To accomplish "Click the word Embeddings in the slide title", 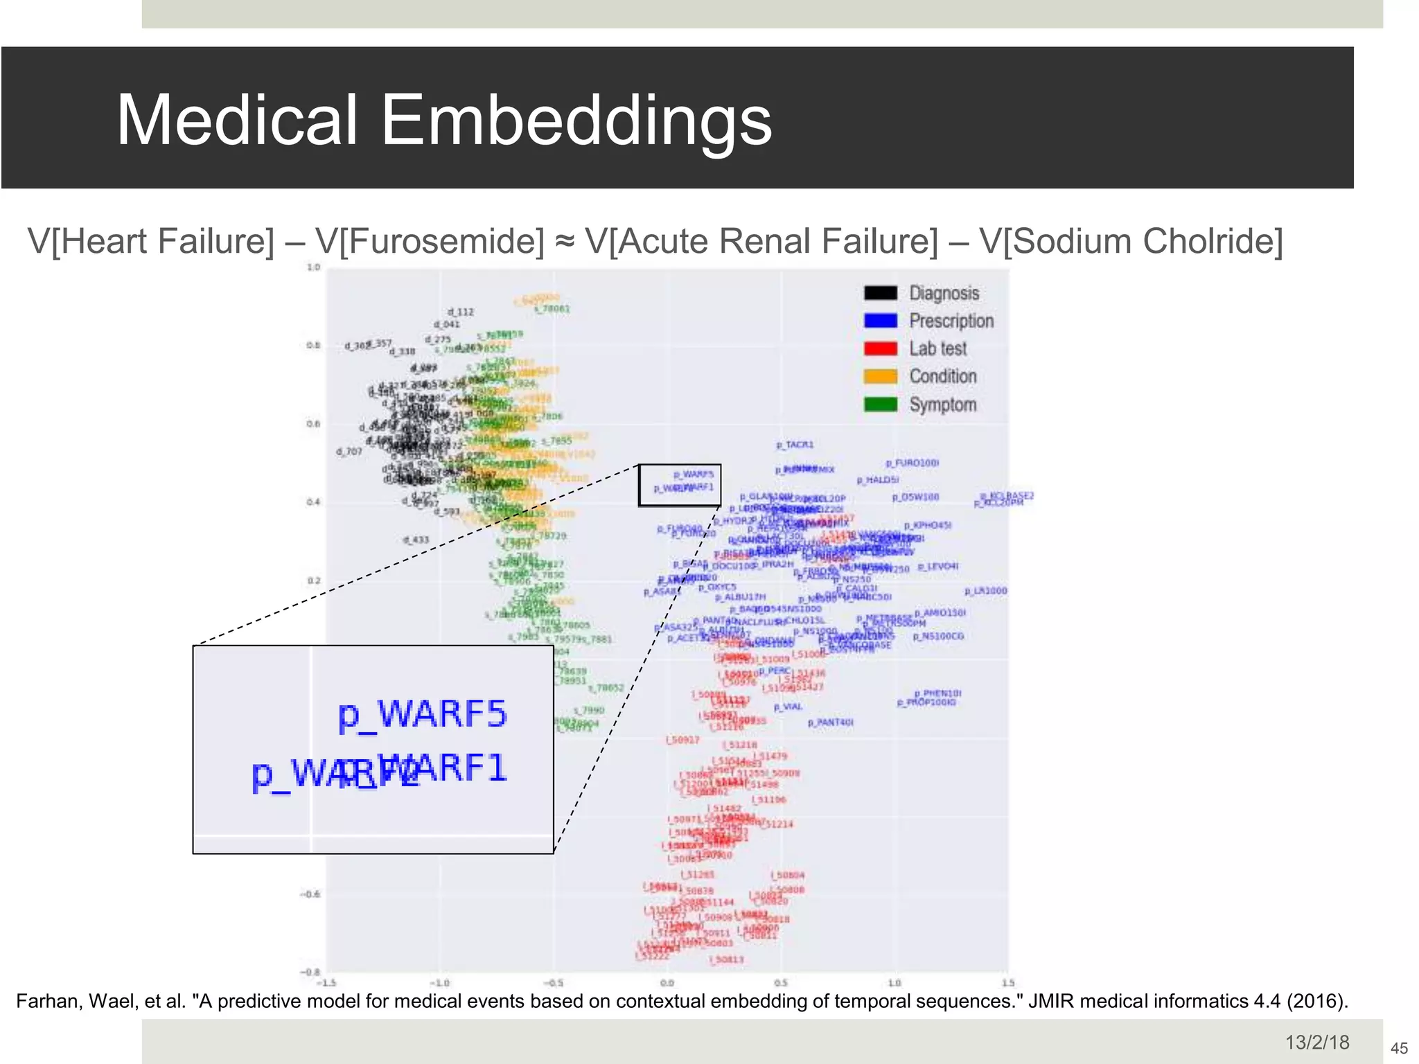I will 576,121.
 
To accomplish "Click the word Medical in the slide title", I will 237,121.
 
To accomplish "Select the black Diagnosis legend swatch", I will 880,293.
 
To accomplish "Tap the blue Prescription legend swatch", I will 880,321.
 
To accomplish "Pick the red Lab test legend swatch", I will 880,348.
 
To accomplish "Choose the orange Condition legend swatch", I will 880,376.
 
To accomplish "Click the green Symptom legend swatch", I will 880,404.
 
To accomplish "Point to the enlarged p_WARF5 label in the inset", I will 423,716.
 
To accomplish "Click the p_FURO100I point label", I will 912,463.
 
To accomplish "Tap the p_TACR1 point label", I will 795,445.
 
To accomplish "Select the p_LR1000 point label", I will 985,591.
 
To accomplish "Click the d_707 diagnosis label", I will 349,452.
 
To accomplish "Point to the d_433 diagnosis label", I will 416,540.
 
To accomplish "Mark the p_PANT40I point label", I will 830,722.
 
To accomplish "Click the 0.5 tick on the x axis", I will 781,983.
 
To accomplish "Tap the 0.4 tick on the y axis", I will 313,502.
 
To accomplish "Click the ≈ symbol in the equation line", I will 565,242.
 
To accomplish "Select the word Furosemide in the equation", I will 430,242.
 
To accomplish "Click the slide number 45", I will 1399,1048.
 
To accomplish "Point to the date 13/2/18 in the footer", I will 1317,1043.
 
